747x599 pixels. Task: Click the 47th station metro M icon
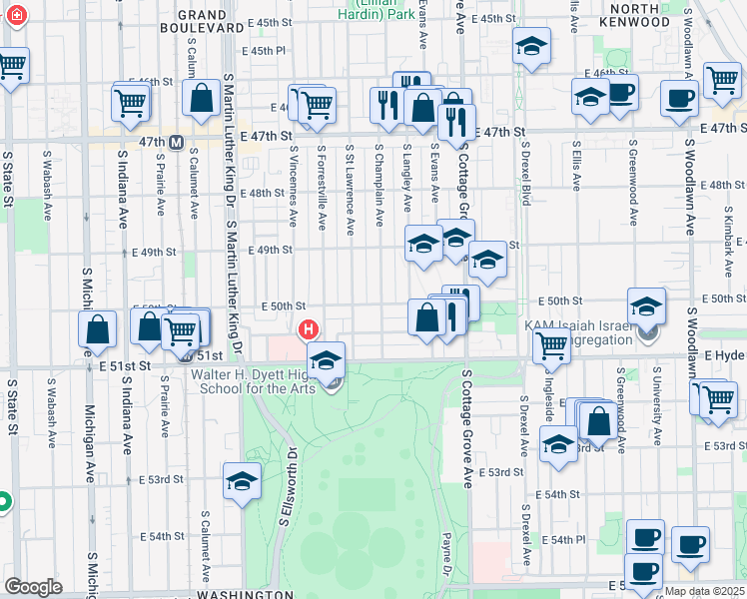pyautogui.click(x=176, y=142)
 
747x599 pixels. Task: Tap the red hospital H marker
pyautogui.click(x=309, y=328)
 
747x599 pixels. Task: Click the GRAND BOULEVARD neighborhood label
pyautogui.click(x=204, y=21)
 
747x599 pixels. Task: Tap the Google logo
pyautogui.click(x=33, y=586)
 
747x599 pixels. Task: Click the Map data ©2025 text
pyautogui.click(x=704, y=591)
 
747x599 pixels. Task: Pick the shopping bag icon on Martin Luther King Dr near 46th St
pyautogui.click(x=202, y=98)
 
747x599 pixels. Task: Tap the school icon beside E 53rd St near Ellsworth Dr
pyautogui.click(x=242, y=481)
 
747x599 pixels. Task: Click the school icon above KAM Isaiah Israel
pyautogui.click(x=646, y=305)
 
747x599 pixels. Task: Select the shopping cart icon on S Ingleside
pyautogui.click(x=551, y=346)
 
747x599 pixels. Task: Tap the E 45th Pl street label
pyautogui.click(x=263, y=51)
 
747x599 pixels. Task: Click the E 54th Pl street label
pyautogui.click(x=564, y=539)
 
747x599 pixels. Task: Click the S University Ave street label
pyautogui.click(x=657, y=410)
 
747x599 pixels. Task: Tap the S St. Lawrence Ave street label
pyautogui.click(x=350, y=192)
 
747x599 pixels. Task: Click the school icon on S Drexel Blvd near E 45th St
pyautogui.click(x=531, y=46)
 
